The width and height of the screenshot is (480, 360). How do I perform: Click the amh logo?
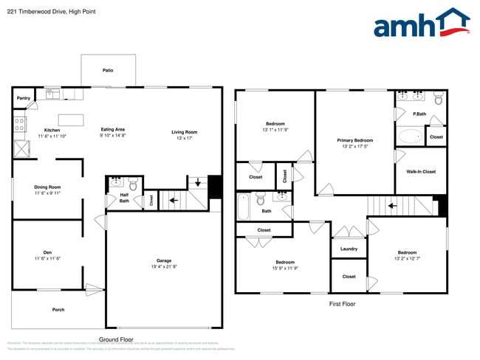(421, 24)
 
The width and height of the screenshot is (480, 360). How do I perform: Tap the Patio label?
(108, 70)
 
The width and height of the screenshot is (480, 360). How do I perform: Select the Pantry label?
(24, 97)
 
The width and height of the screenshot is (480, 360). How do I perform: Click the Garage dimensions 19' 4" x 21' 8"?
(164, 267)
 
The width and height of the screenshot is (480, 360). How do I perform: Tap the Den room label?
(47, 252)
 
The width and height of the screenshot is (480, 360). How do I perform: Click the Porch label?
(58, 309)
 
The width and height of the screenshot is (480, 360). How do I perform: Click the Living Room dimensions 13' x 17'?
(184, 139)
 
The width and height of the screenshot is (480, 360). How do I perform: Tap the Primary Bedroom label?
(354, 140)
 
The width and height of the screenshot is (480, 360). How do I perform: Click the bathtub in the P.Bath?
(410, 136)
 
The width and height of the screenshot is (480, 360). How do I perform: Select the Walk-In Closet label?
(421, 172)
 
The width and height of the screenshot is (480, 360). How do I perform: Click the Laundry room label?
(349, 249)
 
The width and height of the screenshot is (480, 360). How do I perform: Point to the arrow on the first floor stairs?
(391, 206)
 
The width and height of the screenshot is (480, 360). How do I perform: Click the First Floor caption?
(342, 303)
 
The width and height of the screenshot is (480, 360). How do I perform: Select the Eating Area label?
(113, 130)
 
